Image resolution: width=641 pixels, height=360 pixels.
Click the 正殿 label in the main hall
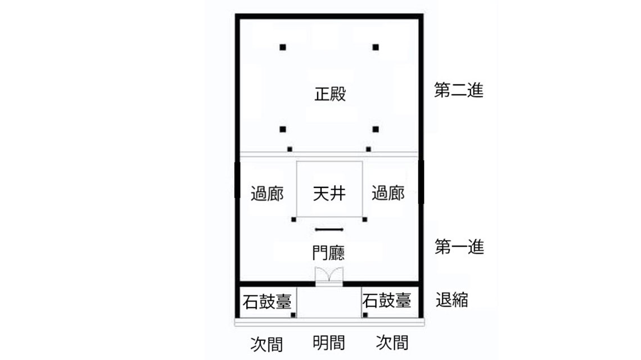click(329, 94)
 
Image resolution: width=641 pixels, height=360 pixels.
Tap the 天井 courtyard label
click(329, 194)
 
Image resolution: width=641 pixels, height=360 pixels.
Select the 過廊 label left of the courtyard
click(267, 194)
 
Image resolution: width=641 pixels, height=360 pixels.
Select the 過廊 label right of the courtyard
click(388, 194)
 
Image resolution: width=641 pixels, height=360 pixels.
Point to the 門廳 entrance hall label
click(329, 252)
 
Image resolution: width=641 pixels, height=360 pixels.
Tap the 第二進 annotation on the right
click(459, 91)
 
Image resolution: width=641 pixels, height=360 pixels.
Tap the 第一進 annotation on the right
click(459, 247)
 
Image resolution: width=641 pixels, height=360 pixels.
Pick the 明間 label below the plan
click(329, 343)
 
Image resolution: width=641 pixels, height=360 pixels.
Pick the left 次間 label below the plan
click(267, 344)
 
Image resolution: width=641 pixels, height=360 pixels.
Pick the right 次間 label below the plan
click(392, 343)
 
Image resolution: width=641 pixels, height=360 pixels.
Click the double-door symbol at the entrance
click(329, 276)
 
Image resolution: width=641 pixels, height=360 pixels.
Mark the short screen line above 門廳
click(329, 229)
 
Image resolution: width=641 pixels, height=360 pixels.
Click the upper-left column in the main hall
click(283, 47)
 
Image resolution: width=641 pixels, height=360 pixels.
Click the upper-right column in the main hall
click(376, 47)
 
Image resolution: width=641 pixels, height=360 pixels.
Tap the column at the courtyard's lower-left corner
click(294, 219)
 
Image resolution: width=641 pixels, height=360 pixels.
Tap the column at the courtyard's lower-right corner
click(365, 219)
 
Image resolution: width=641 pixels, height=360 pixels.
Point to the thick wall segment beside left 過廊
click(237, 179)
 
